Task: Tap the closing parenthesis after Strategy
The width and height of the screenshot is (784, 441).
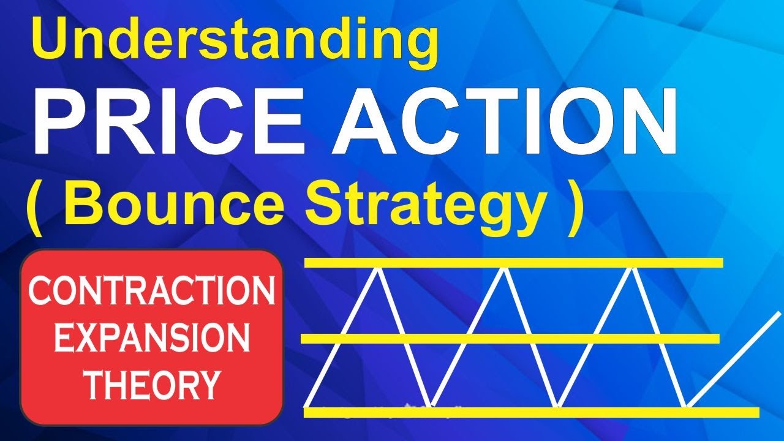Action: point(571,208)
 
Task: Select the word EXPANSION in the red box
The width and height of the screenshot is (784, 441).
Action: point(151,339)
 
